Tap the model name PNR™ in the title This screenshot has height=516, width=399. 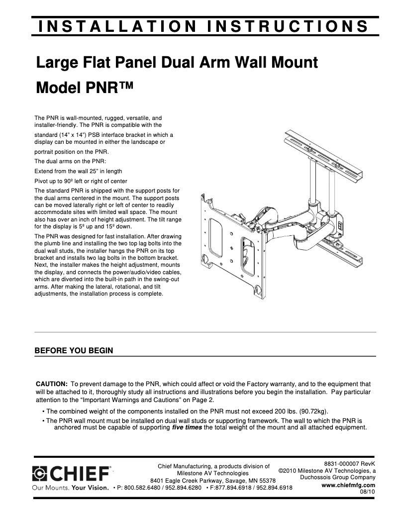coord(106,88)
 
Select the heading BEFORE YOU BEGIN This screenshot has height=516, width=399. coord(74,351)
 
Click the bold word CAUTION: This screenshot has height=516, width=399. coord(52,384)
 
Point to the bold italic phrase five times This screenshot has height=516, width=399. coord(187,427)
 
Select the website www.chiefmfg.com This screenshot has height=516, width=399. coord(349,485)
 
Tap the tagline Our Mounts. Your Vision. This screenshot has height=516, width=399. coord(70,488)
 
